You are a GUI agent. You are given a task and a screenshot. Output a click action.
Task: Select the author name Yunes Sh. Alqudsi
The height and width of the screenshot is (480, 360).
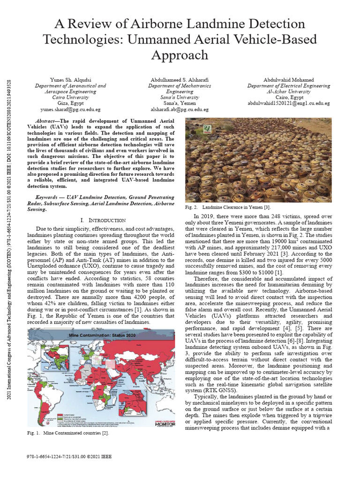point(71,80)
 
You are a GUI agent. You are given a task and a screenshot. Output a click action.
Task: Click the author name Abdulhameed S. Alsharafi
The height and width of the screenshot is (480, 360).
point(180,80)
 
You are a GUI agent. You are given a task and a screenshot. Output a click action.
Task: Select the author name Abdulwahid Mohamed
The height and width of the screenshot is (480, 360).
point(289,80)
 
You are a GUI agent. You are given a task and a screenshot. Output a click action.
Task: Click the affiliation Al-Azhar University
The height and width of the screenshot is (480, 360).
point(289,92)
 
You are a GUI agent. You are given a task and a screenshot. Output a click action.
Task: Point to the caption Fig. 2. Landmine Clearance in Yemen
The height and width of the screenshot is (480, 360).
point(228,207)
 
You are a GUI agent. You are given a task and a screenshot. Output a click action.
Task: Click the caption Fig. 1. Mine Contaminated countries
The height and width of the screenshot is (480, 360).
point(68,433)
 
